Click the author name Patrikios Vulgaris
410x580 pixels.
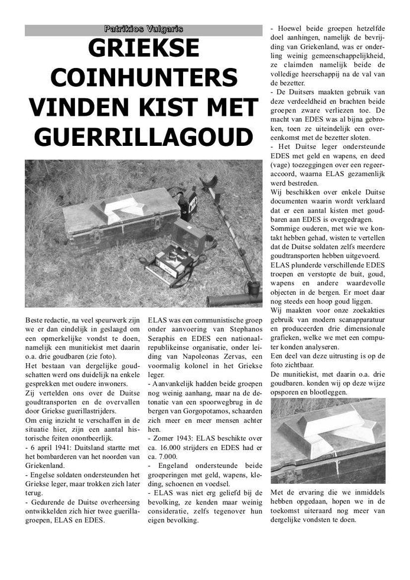pos(144,28)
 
